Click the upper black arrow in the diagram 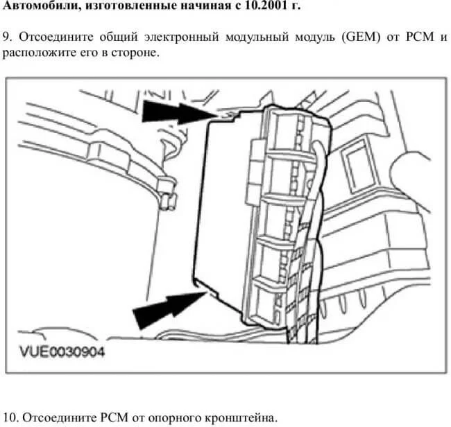pos(179,113)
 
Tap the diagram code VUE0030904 pos(62,351)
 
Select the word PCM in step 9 pos(420,37)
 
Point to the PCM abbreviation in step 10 pos(114,417)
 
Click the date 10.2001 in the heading pos(267,6)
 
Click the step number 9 pos(8,37)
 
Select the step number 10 pos(10,417)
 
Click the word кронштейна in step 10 pos(241,418)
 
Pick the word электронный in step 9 pos(181,37)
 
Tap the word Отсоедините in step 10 pos(59,417)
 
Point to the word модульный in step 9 pos(257,37)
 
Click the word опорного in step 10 pos(174,418)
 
